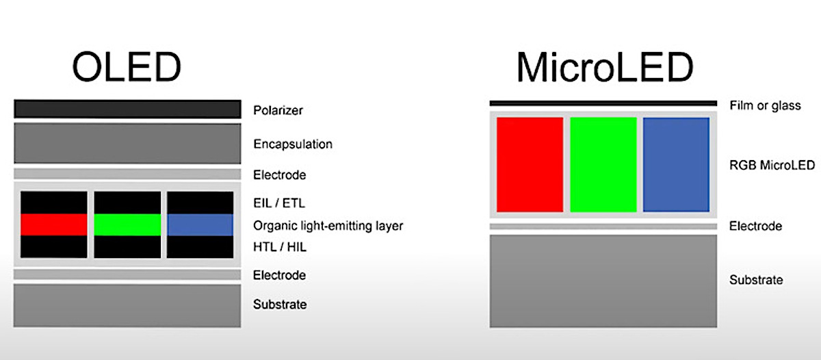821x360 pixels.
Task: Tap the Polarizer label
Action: tap(278, 110)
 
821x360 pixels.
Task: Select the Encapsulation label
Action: tap(293, 144)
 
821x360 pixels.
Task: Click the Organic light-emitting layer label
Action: tap(328, 225)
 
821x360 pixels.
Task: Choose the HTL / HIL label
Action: tap(280, 247)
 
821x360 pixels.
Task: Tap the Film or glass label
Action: tap(765, 105)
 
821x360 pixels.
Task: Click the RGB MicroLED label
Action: tap(772, 165)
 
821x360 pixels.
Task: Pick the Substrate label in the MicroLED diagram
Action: tap(756, 280)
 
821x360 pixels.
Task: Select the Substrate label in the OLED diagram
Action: tap(280, 305)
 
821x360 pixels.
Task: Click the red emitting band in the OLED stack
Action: tap(54, 224)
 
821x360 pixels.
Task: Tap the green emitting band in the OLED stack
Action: tap(127, 224)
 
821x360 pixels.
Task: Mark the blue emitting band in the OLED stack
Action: tap(200, 224)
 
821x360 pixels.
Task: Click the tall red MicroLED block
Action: tap(530, 164)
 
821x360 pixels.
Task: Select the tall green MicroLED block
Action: tap(603, 164)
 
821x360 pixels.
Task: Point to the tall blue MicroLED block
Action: tap(676, 164)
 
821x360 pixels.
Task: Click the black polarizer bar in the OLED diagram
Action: tap(127, 109)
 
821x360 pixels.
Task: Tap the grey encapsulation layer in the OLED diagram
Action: tap(127, 143)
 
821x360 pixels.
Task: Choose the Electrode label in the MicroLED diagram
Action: tap(755, 226)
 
